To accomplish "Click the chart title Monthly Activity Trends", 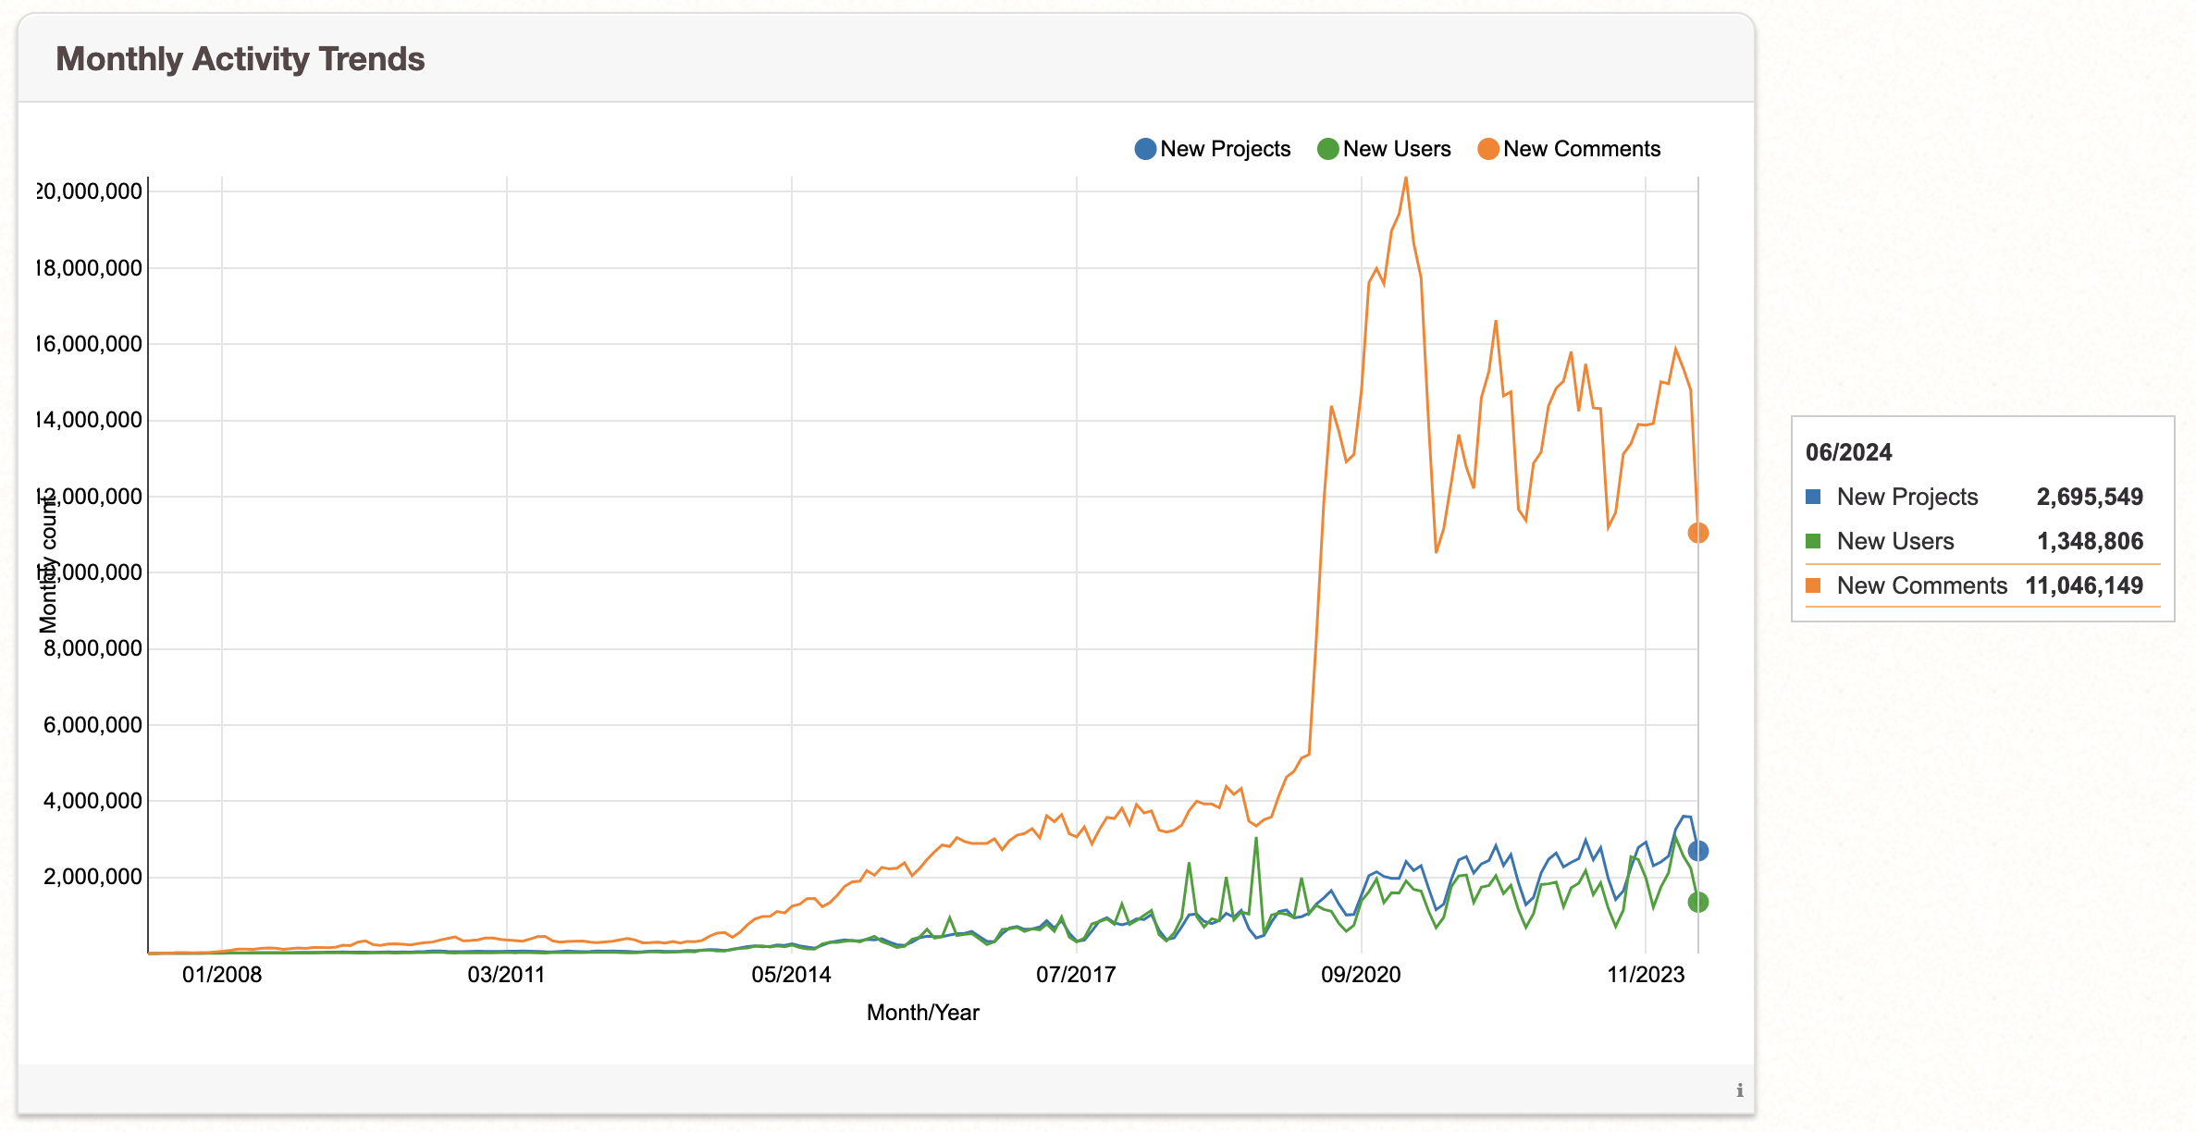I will coord(240,59).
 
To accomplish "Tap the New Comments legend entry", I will coord(1569,149).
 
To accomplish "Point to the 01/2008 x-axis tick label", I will coord(222,975).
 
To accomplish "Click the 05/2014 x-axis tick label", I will coord(791,975).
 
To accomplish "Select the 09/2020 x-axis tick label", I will coord(1361,975).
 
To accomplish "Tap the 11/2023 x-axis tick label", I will coord(1646,975).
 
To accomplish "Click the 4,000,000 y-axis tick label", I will coord(93,801).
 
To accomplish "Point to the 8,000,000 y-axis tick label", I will coord(93,648).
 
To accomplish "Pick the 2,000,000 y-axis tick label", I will coord(93,877).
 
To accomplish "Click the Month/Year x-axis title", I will coord(922,1013).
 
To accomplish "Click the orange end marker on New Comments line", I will coord(1697,533).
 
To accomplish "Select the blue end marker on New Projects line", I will coord(1697,851).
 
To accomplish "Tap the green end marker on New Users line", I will coord(1697,902).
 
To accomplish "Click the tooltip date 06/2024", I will coord(1848,452).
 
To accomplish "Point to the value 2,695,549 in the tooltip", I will coord(2089,497).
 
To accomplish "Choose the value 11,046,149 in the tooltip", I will coord(2083,585).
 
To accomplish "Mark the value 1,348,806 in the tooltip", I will coord(2090,541).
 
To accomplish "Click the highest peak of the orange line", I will coord(1406,178).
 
